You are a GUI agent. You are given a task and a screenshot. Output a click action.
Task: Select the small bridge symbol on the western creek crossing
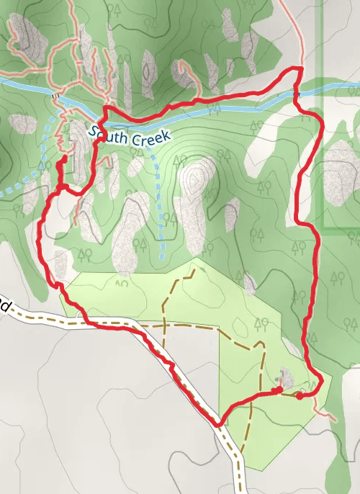(x=55, y=94)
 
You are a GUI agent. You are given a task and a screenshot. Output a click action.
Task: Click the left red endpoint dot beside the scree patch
(x=279, y=390)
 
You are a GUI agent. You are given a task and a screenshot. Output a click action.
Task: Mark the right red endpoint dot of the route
(x=300, y=395)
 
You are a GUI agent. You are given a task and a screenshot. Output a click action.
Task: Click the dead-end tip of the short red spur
(x=66, y=157)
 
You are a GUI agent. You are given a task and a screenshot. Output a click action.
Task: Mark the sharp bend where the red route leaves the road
(x=219, y=425)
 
